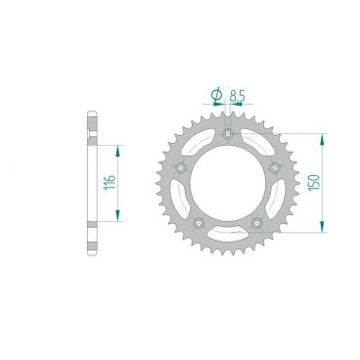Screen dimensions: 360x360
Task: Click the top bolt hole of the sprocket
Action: point(227,133)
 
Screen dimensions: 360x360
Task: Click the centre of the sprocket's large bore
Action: point(227,186)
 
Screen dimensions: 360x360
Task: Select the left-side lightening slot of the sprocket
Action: point(177,202)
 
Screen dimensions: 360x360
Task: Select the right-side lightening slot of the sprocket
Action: point(277,202)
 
